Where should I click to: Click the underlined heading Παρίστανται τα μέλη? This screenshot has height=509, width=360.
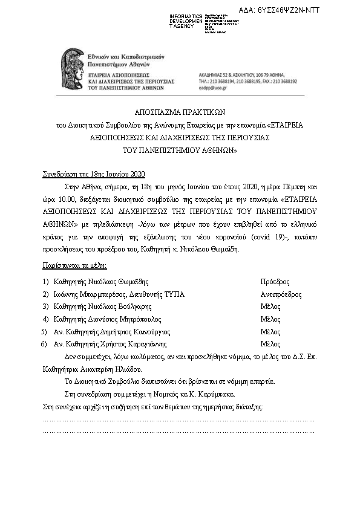(75, 265)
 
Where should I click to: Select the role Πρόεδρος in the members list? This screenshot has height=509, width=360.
(274, 282)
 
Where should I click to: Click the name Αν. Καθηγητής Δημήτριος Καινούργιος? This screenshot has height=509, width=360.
(112, 332)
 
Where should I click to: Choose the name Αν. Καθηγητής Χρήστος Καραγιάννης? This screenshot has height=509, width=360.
(113, 344)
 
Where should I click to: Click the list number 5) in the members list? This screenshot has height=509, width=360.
(44, 332)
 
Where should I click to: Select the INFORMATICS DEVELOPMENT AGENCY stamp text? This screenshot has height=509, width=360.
(186, 21)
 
